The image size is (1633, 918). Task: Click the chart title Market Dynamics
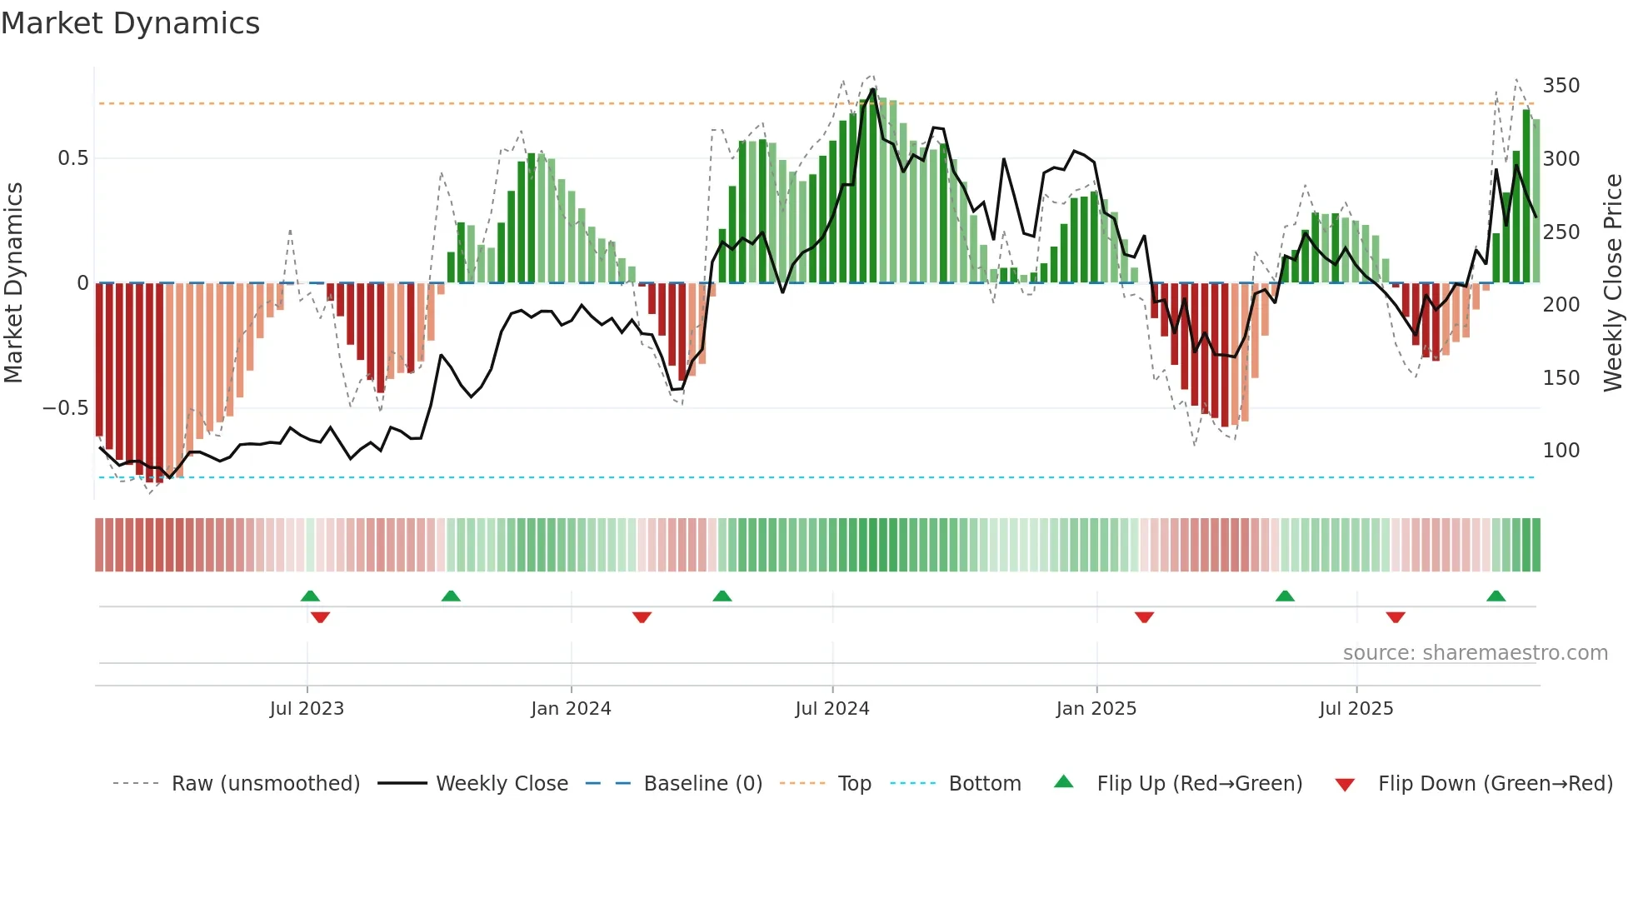tap(131, 23)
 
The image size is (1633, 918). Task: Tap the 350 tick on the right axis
tap(1561, 86)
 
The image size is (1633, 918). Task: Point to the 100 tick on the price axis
tap(1561, 451)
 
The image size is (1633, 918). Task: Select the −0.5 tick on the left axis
tap(65, 408)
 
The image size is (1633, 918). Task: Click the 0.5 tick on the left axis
tap(72, 158)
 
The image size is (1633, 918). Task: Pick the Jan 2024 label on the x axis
tap(571, 709)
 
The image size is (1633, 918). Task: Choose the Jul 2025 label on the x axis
tap(1356, 709)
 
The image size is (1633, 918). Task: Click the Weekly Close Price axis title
tap(1613, 283)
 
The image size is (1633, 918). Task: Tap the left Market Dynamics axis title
tap(14, 283)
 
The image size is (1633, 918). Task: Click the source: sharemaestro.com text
tap(1475, 653)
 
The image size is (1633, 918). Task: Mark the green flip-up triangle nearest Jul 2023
tap(310, 596)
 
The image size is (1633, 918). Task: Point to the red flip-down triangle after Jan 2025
tap(1144, 617)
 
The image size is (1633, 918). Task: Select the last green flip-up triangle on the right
tap(1496, 596)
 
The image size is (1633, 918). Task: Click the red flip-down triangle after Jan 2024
tap(642, 617)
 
